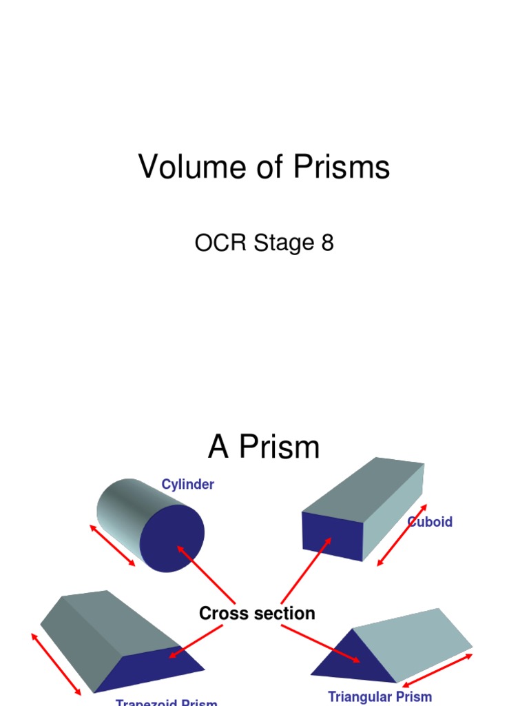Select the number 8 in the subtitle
[x=326, y=243]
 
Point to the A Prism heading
[x=264, y=447]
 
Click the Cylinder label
[x=187, y=485]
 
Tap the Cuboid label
[x=431, y=522]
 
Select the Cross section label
[x=257, y=613]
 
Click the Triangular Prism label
[x=380, y=696]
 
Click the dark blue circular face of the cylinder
[x=172, y=538]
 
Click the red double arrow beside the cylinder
[x=112, y=545]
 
